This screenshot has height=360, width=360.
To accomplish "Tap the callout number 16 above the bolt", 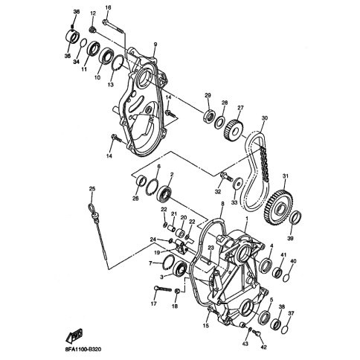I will [108, 7].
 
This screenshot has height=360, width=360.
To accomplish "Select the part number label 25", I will [92, 188].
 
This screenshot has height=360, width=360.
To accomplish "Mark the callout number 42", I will [262, 347].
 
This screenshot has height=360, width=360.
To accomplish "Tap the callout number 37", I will [291, 313].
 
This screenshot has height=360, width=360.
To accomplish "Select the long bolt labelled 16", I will [115, 28].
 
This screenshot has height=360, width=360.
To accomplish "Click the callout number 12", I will [93, 14].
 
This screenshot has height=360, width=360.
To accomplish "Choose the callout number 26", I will [136, 198].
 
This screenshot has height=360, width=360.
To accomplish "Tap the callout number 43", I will [245, 343].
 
